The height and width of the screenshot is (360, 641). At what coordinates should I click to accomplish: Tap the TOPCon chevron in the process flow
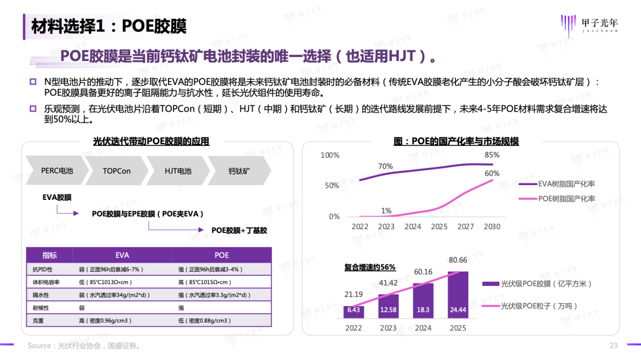[116, 171]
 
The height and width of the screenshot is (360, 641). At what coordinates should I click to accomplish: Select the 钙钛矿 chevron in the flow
[239, 171]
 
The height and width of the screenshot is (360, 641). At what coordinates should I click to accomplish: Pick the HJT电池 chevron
[178, 171]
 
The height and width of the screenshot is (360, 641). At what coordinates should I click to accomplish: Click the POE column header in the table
[221, 255]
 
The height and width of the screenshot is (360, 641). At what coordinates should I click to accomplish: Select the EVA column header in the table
[122, 255]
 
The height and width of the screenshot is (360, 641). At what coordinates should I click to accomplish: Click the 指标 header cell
[50, 255]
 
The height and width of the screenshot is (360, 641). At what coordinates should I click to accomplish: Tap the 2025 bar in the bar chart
[458, 295]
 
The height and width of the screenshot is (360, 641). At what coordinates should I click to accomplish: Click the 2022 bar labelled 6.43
[354, 311]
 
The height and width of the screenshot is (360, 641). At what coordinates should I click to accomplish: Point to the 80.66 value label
[458, 260]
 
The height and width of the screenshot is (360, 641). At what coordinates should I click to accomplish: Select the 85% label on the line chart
[492, 155]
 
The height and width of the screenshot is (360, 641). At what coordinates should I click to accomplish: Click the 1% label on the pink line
[386, 211]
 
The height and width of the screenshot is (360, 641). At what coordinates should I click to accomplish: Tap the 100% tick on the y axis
[330, 155]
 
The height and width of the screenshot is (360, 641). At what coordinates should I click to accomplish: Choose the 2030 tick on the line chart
[492, 227]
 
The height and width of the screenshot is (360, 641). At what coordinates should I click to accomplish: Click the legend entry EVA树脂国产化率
[566, 183]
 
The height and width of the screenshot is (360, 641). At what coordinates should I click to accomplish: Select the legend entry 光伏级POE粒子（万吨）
[539, 306]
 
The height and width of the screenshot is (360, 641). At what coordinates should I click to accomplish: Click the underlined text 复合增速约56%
[370, 267]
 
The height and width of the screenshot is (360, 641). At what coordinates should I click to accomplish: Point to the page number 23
[614, 346]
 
